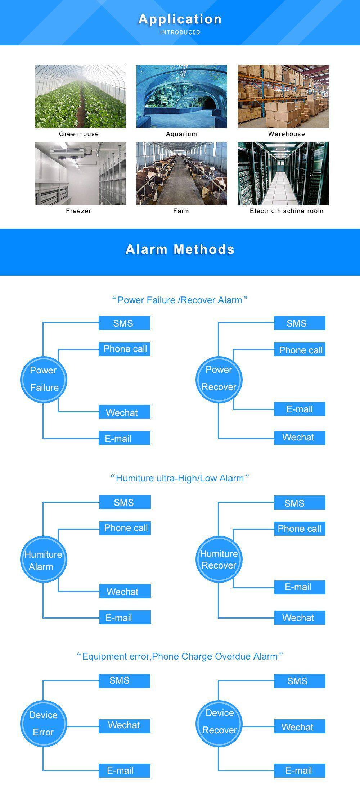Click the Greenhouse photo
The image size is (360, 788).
click(x=80, y=96)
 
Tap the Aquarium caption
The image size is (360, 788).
click(x=181, y=134)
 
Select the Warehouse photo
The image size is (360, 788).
click(x=283, y=96)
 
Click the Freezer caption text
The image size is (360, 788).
click(x=78, y=211)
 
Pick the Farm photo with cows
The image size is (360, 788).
click(x=181, y=173)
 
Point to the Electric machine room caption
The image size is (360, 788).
click(x=287, y=211)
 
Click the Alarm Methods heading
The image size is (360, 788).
click(x=180, y=249)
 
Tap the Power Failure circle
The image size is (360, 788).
click(x=44, y=379)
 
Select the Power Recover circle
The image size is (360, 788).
click(x=219, y=379)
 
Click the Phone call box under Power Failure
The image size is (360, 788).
click(x=125, y=349)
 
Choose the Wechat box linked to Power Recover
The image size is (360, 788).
click(x=299, y=438)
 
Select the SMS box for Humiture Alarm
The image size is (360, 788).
click(x=125, y=502)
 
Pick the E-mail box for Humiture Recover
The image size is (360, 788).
click(x=299, y=587)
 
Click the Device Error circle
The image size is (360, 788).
click(x=44, y=724)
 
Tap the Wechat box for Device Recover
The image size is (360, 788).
click(x=299, y=727)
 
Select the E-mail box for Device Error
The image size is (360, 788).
click(x=125, y=770)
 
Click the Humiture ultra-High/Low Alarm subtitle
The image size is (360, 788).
click(x=180, y=478)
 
